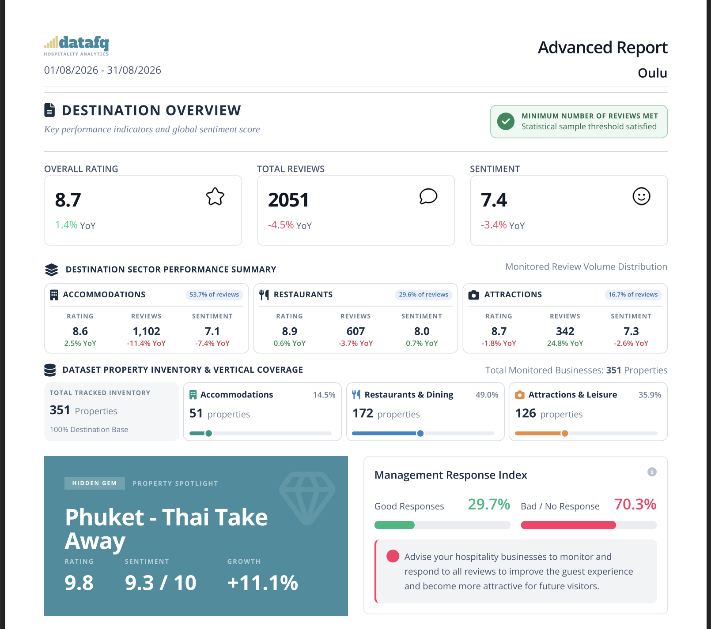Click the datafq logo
(76, 45)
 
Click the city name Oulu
(652, 73)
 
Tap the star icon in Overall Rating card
(215, 197)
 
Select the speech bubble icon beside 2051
(428, 196)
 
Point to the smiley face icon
(641, 196)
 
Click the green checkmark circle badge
(506, 121)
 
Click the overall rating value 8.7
(68, 200)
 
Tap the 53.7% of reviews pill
(214, 295)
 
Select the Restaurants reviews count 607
(355, 331)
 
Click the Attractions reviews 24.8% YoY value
(565, 343)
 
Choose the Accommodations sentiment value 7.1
(212, 331)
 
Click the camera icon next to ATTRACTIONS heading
(473, 295)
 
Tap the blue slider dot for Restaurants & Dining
(420, 433)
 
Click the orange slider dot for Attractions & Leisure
(565, 433)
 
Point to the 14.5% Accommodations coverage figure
(324, 395)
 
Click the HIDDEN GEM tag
(95, 483)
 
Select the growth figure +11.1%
(263, 583)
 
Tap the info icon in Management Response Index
(652, 472)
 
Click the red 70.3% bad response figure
(635, 504)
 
